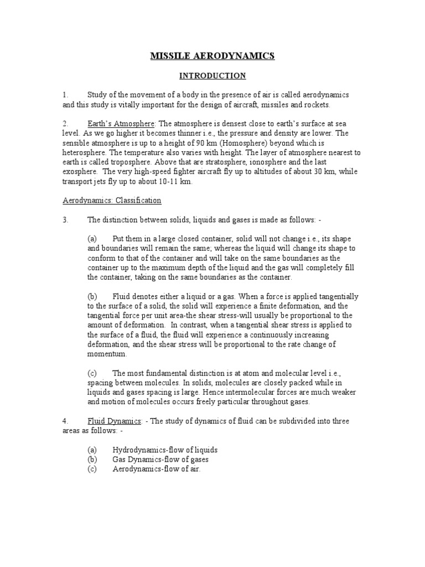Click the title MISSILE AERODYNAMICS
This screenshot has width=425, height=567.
tap(212, 56)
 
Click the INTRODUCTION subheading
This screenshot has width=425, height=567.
tap(212, 75)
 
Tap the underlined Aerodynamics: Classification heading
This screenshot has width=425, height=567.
tap(111, 200)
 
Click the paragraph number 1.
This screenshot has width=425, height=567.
tap(65, 95)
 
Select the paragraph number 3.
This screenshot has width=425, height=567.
tap(65, 220)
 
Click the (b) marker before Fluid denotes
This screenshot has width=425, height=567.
tap(92, 296)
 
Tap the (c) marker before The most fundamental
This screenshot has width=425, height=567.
tap(92, 373)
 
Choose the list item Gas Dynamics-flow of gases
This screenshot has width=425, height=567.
tap(160, 460)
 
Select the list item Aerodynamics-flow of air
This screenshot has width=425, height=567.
tap(156, 469)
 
